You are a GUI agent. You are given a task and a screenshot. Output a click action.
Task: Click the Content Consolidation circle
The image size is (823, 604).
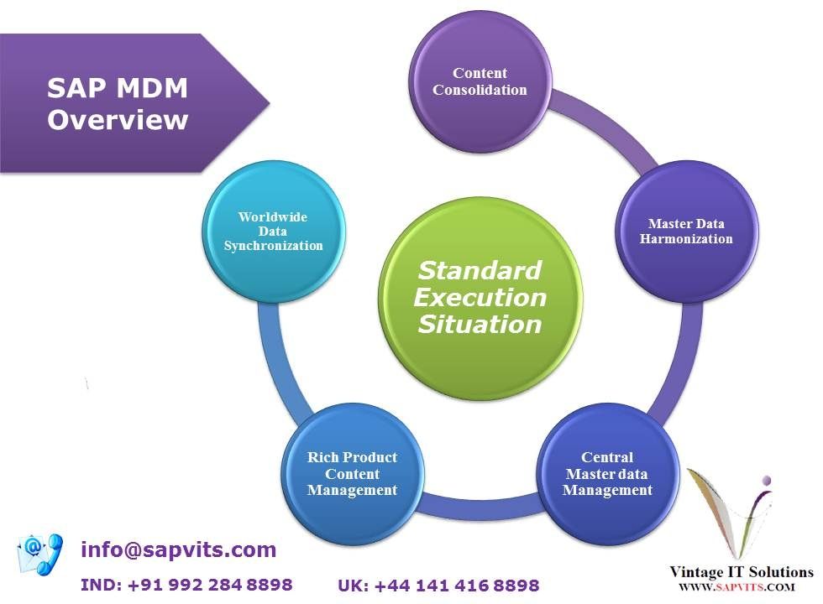[480, 81]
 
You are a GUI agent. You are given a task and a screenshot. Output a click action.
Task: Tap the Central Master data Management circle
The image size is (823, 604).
[607, 473]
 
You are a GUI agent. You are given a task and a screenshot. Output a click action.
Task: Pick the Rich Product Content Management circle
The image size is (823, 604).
[352, 473]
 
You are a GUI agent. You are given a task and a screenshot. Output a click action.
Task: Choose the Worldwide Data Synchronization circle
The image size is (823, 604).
[273, 231]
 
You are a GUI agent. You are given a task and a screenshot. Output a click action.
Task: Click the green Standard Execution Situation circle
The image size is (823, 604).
[480, 297]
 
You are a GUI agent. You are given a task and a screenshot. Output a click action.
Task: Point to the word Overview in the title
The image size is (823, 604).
[118, 120]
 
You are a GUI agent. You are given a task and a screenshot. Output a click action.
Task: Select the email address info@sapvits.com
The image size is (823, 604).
[178, 550]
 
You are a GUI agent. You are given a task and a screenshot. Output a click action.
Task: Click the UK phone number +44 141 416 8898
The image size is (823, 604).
[438, 586]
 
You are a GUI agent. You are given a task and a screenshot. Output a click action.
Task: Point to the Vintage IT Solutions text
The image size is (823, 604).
[741, 572]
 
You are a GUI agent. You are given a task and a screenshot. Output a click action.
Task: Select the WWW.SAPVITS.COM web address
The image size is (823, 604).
[737, 588]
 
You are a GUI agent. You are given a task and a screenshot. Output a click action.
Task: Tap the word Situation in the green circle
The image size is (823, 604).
[480, 324]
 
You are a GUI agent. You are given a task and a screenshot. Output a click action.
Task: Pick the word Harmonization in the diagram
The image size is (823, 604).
[686, 239]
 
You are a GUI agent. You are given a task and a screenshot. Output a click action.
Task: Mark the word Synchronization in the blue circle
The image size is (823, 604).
[273, 246]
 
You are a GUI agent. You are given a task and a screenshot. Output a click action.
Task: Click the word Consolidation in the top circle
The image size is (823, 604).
[480, 90]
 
